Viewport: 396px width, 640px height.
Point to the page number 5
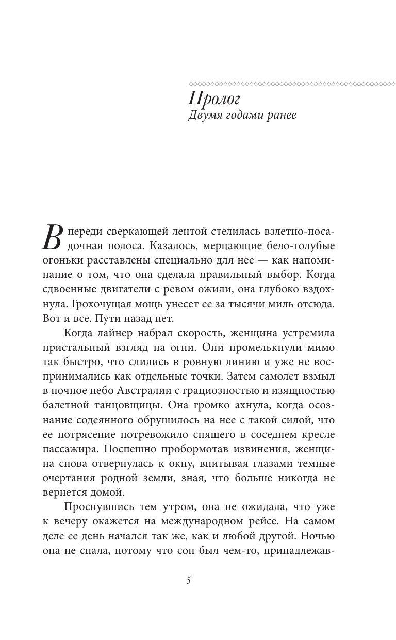(189, 581)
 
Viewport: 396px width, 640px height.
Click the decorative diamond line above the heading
(292, 83)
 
